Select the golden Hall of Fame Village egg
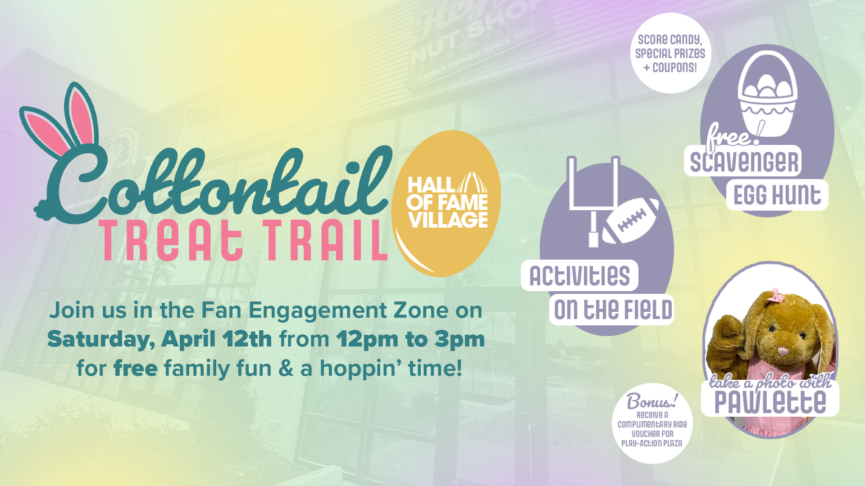tap(446, 203)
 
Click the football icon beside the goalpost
tap(631, 220)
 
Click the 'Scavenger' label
tap(743, 162)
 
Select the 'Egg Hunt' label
tap(777, 195)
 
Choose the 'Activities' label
tap(579, 275)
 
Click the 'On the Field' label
tap(612, 310)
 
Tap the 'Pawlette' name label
tap(770, 402)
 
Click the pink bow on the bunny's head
tap(776, 296)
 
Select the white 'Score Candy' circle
tap(670, 53)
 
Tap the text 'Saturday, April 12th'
tap(159, 339)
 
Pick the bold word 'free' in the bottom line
tap(136, 368)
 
